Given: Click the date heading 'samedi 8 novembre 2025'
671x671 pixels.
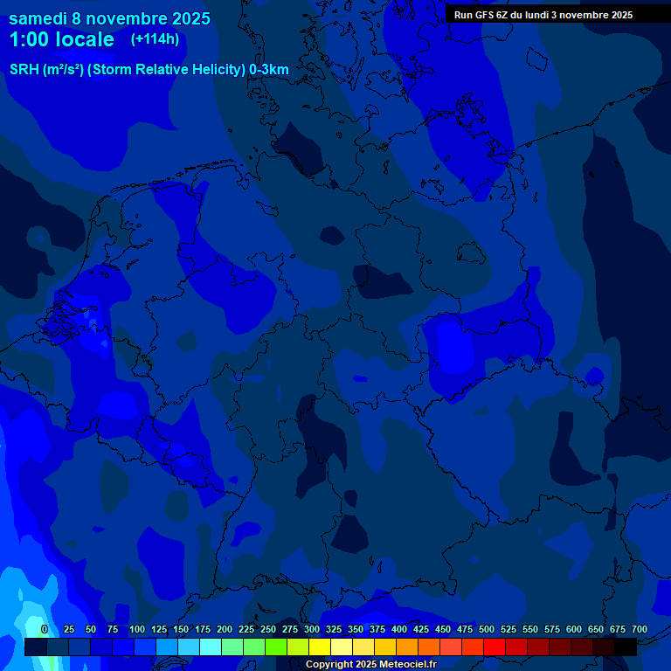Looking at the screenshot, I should point(109,18).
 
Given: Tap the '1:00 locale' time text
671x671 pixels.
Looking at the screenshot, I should point(61,39).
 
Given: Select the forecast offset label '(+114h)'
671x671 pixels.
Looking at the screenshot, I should point(156,39).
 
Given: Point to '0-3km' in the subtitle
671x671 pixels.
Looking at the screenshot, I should point(269,70).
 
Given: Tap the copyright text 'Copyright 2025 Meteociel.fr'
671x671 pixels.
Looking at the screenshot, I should point(370,664).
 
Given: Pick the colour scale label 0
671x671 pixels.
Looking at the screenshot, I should point(45,630).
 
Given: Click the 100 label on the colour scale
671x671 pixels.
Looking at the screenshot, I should point(136,630).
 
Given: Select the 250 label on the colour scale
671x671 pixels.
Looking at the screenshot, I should point(267,630).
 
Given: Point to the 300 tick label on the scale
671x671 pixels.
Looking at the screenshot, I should point(311,630).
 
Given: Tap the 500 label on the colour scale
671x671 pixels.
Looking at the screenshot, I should point(486,630).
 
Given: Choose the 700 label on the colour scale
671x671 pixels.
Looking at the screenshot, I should point(639,630).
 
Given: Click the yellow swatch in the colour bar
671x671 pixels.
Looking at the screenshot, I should point(320,647).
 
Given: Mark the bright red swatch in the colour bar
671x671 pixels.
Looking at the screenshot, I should point(495,647).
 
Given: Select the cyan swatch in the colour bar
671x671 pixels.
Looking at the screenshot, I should point(211,647).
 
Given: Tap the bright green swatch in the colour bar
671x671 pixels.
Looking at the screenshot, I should point(276,647).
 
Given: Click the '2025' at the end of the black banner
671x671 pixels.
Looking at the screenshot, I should point(621,15).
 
